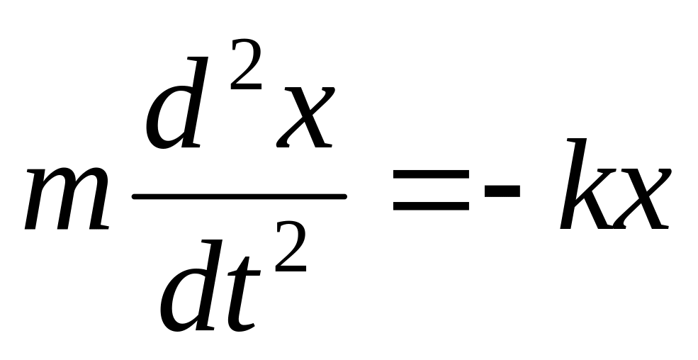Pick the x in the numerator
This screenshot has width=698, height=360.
tap(300, 118)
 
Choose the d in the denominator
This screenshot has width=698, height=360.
tap(191, 291)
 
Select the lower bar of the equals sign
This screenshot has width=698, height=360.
tap(430, 207)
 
